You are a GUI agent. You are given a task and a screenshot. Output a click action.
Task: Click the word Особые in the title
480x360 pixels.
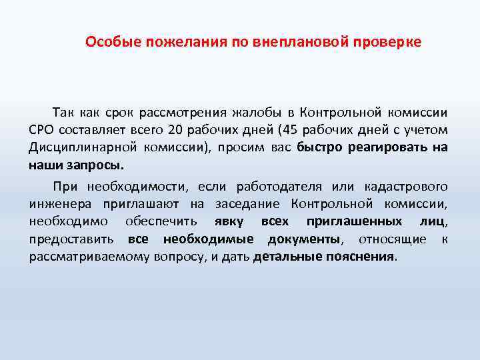107,42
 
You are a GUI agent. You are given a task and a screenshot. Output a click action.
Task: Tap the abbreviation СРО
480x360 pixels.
45,129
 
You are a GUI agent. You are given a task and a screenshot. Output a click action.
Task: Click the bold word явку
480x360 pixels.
229,221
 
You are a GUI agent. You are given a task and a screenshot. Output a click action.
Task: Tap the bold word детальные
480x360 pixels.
287,257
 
